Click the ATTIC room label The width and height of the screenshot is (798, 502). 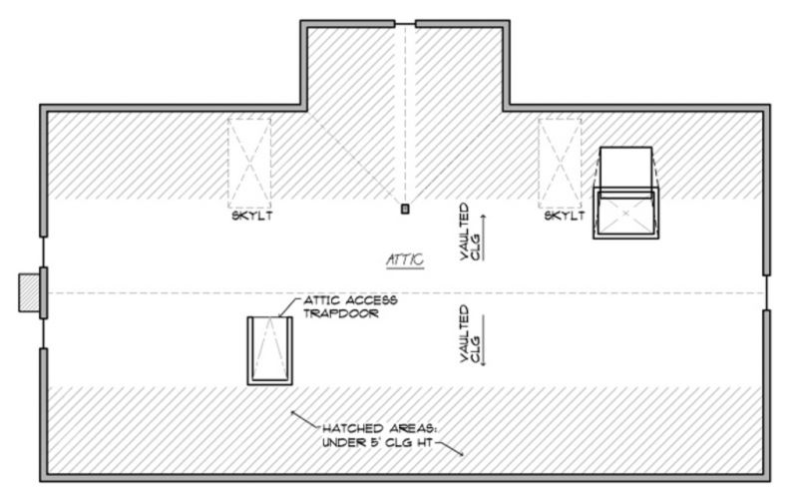click(x=405, y=259)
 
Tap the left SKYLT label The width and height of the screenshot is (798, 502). click(x=249, y=217)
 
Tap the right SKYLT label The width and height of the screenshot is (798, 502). click(x=564, y=217)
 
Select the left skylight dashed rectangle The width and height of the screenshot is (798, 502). click(x=249, y=160)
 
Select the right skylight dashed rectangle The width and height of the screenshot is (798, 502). click(x=560, y=160)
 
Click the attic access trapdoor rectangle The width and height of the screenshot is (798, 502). click(x=269, y=350)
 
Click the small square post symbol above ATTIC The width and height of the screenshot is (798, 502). click(x=404, y=210)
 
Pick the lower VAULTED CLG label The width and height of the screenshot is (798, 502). click(x=469, y=334)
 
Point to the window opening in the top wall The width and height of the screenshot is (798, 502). click(x=404, y=22)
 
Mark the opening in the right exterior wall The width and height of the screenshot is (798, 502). click(x=766, y=292)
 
